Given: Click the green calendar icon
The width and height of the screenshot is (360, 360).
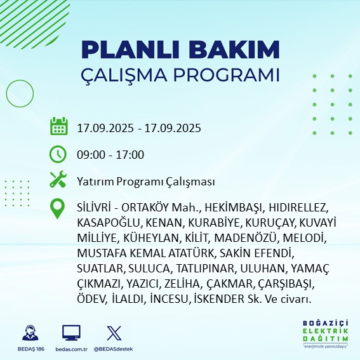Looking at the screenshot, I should (x=58, y=127).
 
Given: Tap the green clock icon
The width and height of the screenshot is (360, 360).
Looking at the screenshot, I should (x=58, y=154).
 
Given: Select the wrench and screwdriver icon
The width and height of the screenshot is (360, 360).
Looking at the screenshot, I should (x=58, y=180).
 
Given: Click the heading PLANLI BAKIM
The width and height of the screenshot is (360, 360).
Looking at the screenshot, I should (x=180, y=50).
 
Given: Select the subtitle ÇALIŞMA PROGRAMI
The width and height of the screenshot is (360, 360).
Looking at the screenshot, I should (x=180, y=74).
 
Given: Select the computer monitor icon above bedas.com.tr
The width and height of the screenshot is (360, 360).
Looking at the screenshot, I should (x=71, y=333).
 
